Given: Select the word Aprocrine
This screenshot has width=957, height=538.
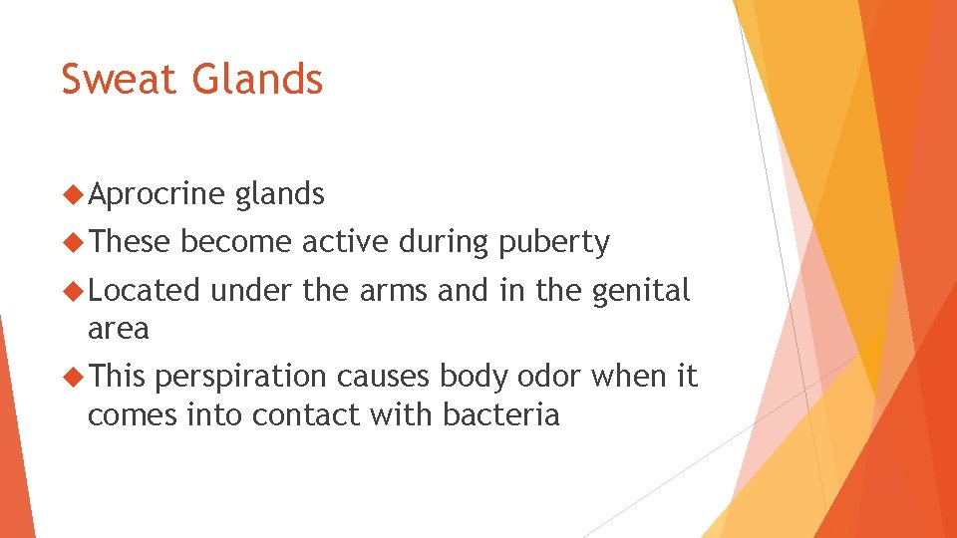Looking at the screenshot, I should point(156,194).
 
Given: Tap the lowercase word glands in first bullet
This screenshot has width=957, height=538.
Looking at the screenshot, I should point(279,194).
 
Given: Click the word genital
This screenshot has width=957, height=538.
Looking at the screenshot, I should point(641,291).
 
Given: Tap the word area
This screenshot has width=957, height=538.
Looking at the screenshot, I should point(118,328).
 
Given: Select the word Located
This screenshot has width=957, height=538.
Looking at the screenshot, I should point(144,291).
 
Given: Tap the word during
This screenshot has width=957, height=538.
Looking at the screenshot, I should point(444,243).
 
